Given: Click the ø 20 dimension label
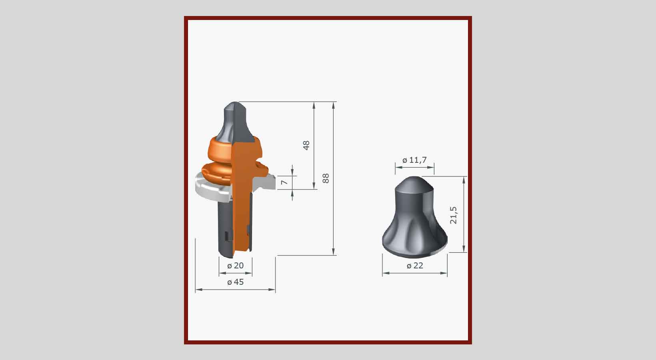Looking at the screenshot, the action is tap(236, 266).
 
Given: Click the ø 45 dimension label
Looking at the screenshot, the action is tap(236, 282).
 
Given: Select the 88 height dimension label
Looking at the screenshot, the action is tap(326, 178).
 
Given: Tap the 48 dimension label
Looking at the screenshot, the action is tap(306, 145).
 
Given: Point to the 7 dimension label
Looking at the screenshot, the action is tap(284, 182).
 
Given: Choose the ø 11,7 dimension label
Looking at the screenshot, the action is tap(414, 160).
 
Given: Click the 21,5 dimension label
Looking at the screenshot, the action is tap(453, 215).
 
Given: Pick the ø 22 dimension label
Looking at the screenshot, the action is tap(415, 266).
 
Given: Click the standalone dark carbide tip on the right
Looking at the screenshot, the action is tap(415, 217).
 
